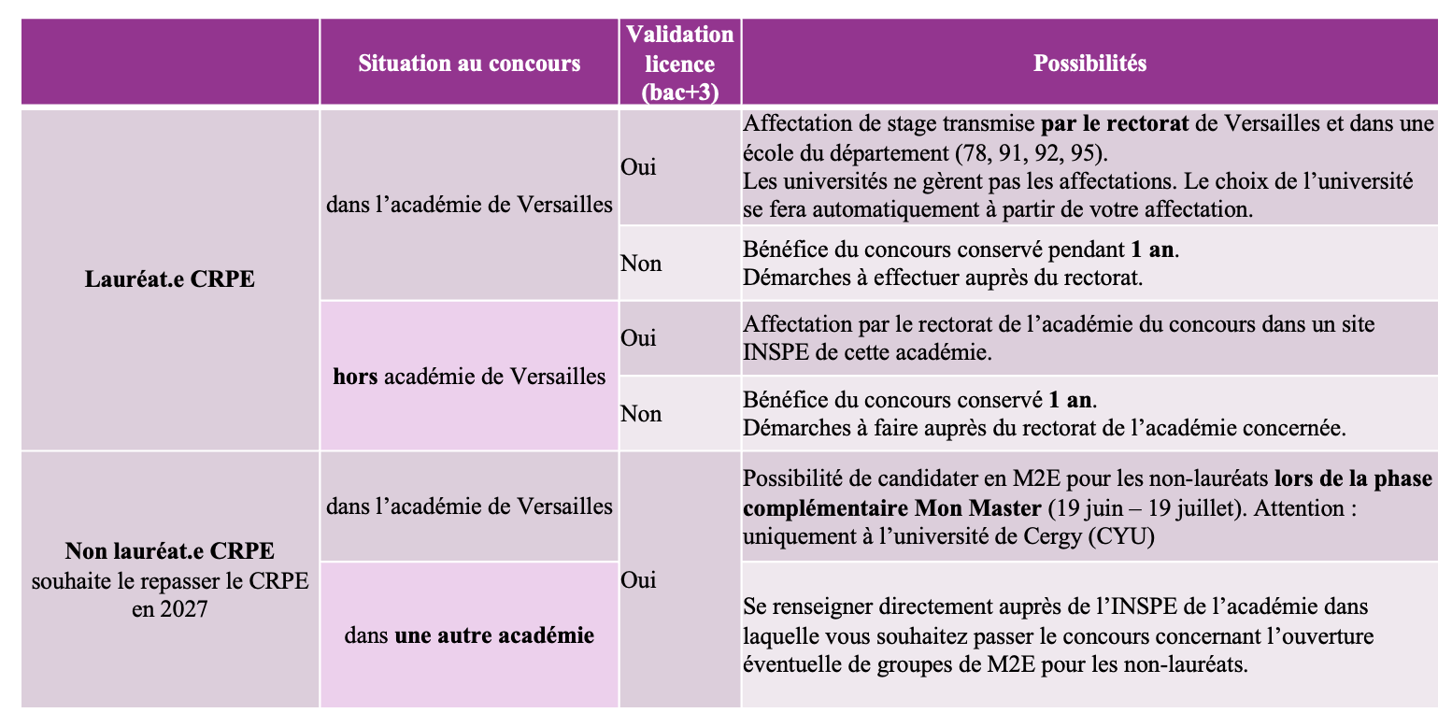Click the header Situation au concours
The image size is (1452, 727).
click(469, 63)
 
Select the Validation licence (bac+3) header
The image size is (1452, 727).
click(679, 63)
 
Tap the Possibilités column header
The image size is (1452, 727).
click(1089, 63)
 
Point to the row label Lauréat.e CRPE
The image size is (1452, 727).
click(169, 278)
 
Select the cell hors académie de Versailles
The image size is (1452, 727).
click(469, 377)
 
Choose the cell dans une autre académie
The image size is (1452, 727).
click(469, 636)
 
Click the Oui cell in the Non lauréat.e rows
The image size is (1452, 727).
click(638, 580)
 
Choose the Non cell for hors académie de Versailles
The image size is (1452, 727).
click(641, 413)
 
